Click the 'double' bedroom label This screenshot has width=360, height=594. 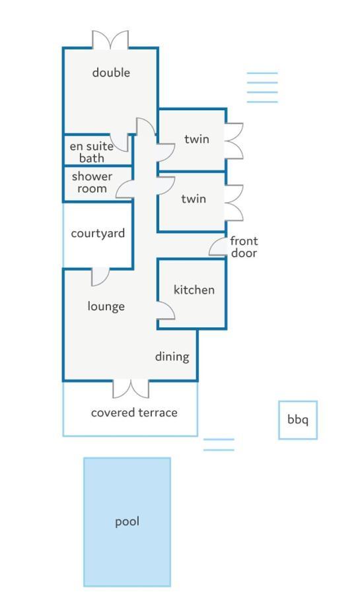coord(111,73)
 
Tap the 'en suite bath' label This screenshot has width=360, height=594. coord(92,152)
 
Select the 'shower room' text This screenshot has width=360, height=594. coord(92,182)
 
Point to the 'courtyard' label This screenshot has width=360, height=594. coord(98,234)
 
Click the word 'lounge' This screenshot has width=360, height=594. coord(106,306)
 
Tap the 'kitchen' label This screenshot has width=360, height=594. coord(194,290)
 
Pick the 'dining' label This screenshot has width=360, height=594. coord(172,356)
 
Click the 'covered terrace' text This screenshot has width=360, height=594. coord(134,412)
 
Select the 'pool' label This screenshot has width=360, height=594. coord(127,521)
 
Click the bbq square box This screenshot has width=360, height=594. coord(298,401)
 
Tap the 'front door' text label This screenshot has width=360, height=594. coord(244,247)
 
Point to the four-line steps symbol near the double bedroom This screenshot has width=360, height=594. coord(262,87)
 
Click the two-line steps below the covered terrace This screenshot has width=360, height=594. coord(219,445)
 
